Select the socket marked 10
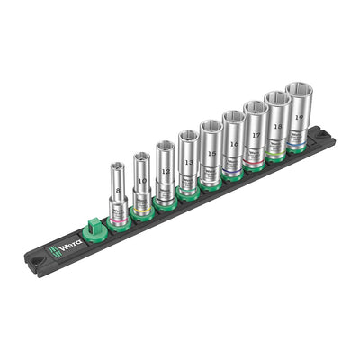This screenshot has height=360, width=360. tap(141, 180)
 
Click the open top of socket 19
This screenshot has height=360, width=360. tap(297, 90)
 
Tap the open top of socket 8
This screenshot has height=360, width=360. tap(117, 166)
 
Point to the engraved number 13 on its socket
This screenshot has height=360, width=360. tap(189, 162)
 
